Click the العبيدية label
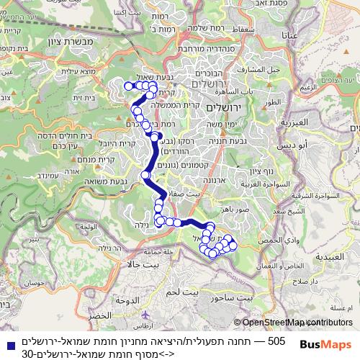click(332, 256)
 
